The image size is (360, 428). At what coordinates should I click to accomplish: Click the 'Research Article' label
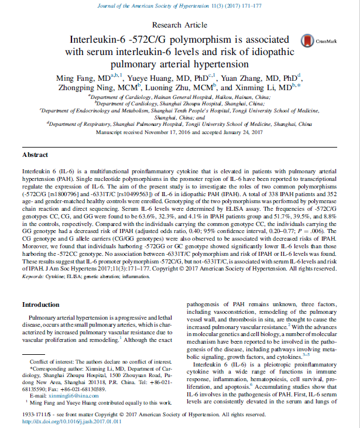(179, 25)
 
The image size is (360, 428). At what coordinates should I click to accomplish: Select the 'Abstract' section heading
(35, 155)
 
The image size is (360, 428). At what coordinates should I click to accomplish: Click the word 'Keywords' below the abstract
(35, 274)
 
